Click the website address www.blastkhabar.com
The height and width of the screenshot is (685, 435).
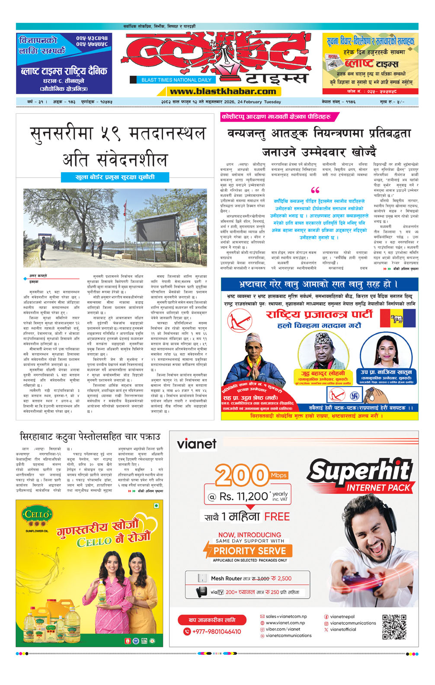pos(223,91)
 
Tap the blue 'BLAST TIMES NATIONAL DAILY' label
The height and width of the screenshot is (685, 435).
pos(176,80)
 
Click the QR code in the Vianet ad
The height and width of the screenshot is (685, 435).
pos(394,626)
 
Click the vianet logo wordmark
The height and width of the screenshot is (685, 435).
pos(196,444)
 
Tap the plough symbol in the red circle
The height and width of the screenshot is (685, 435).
pos(240,321)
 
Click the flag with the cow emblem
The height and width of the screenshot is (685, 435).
pos(397,319)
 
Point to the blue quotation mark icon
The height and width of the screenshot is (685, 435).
pos(315,190)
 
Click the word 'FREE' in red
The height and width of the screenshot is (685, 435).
pos(277,516)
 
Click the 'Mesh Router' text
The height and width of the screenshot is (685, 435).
pos(226,578)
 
